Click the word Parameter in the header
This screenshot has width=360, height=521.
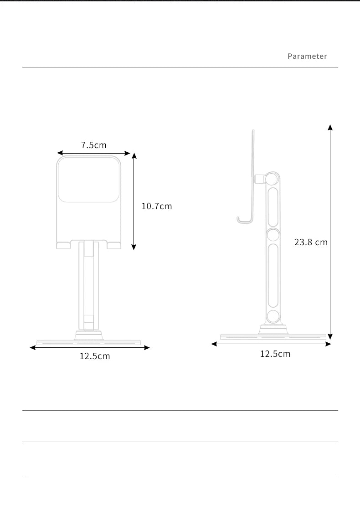307,56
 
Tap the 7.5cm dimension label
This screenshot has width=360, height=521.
94,145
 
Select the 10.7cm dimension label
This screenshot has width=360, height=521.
157,206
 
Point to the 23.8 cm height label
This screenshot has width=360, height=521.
311,242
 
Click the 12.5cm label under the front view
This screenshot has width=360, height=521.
95,356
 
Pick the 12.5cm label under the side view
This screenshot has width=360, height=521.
275,354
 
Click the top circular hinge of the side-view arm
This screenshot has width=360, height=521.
273,179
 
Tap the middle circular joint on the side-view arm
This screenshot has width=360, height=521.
273,235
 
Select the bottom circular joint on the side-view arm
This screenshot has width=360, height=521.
273,316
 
